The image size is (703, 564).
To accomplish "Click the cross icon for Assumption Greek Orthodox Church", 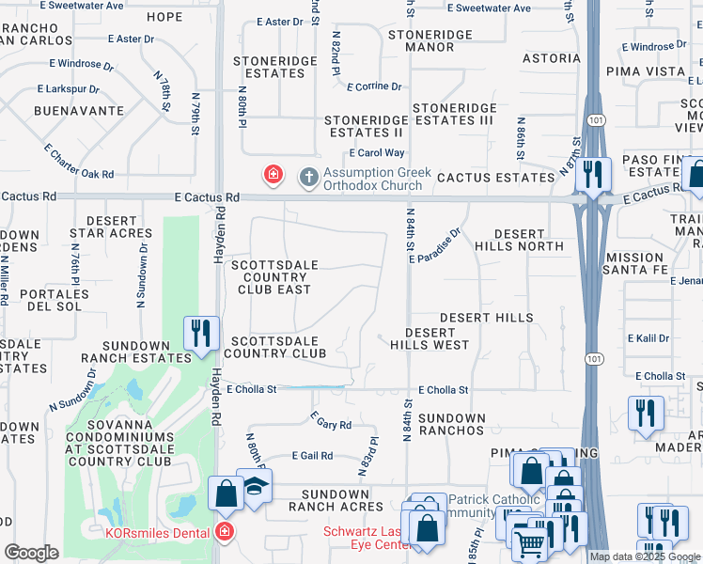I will tap(307, 176).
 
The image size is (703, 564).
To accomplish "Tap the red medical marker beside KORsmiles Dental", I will tap(223, 533).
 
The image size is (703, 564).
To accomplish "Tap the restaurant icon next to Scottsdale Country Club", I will tap(202, 333).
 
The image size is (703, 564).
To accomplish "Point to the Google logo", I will tap(31, 553).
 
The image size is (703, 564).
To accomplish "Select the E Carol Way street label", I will tap(376, 152).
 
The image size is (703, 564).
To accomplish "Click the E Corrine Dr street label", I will tap(374, 86).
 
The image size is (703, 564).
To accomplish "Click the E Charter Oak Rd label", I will tap(79, 161).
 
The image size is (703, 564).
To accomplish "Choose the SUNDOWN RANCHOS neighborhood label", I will tap(451, 424).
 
